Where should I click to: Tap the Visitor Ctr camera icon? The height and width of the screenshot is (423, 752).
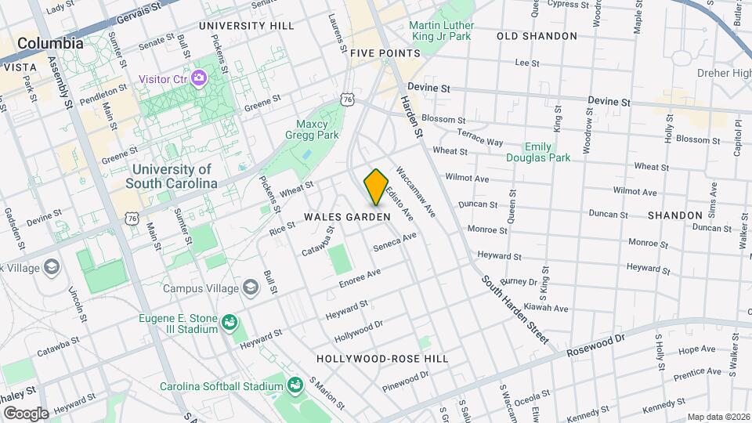(199, 78)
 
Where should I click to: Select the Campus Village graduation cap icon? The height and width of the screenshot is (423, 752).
(250, 287)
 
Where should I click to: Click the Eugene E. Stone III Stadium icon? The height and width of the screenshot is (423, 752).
(229, 322)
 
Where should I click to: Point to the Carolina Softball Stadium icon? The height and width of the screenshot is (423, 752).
(295, 385)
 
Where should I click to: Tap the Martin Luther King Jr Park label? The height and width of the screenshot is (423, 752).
(441, 31)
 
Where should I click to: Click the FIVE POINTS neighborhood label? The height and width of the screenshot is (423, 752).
(385, 53)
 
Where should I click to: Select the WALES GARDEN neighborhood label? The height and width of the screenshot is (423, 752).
(347, 216)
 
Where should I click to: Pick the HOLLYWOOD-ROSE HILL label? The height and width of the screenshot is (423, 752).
(382, 358)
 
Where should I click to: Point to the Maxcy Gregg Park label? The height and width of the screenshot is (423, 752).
(317, 130)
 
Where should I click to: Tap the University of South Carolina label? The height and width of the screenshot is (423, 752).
(172, 176)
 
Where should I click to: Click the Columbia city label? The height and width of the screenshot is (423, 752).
(50, 44)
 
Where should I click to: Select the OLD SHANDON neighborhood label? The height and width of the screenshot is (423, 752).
(537, 36)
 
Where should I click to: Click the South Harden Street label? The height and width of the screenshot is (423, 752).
(514, 309)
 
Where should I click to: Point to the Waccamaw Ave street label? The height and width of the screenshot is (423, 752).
(415, 190)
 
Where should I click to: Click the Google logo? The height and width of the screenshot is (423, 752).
(25, 413)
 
